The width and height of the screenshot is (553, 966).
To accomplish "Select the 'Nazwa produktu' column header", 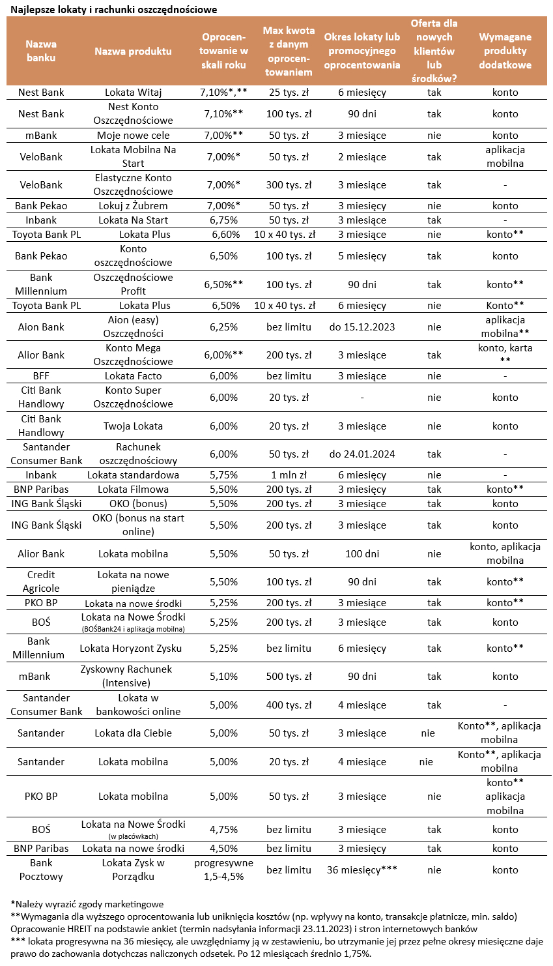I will pos(133,51).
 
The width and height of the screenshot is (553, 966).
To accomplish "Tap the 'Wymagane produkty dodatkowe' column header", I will pos(505,51).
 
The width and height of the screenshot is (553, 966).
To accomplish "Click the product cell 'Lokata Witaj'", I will pos(133,93).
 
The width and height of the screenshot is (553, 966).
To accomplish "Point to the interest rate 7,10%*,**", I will pos(223,93).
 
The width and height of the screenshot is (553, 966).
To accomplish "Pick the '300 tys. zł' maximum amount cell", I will pos(289,185).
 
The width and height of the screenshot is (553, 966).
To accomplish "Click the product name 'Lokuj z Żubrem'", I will pos(133,206).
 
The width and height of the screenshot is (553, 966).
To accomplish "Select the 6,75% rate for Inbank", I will pos(223,220).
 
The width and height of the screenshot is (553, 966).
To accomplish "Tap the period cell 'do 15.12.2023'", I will pos(362,327).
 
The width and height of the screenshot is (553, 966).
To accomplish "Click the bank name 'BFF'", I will pos(41,376).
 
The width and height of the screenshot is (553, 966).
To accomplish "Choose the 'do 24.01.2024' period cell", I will pos(362,454).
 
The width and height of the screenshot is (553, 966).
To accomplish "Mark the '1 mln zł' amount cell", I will pos(289,475).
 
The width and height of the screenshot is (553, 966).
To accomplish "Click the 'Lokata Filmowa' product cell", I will pos(133,490).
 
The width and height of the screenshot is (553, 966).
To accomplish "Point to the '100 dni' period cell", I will pos(362,554).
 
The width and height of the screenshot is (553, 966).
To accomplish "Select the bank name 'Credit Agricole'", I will pos(41,581).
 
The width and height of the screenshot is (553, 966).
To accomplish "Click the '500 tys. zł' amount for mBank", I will pos(289,677).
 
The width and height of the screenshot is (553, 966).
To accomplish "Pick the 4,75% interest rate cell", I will pos(223,830).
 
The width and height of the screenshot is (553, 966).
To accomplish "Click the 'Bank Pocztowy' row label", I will pos(41,870).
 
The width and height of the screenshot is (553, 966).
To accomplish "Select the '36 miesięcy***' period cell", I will pos(362,870).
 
